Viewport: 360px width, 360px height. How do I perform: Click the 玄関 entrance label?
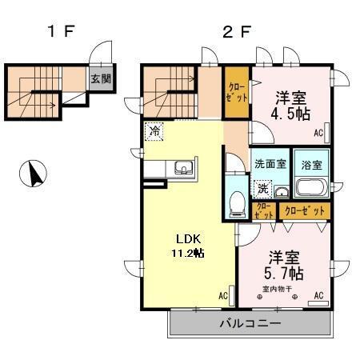(x=100, y=79)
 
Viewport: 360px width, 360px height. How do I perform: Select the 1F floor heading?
(x=60, y=33)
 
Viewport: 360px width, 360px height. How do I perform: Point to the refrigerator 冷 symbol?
(x=153, y=131)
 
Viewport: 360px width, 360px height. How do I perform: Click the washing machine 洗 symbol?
(x=262, y=190)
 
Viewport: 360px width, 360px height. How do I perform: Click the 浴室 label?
(x=311, y=166)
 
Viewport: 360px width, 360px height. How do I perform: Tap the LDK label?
(x=187, y=238)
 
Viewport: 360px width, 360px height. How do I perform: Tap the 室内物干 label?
(x=275, y=289)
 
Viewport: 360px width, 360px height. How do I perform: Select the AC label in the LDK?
(x=222, y=297)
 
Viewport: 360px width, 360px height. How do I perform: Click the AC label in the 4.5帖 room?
(x=318, y=133)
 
